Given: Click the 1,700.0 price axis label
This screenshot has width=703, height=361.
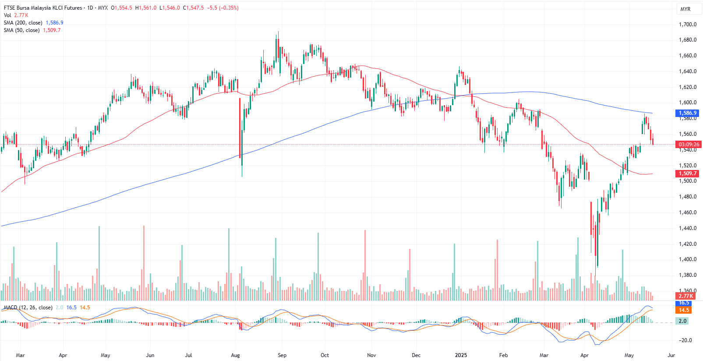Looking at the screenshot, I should pos(687,25).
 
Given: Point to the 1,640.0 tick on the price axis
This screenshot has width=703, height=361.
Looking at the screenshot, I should pos(687,71).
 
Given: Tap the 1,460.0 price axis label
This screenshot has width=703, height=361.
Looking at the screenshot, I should pos(687,212).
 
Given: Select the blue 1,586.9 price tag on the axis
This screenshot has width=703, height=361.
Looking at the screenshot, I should pos(687,113).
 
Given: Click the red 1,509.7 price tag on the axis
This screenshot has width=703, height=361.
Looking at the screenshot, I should pos(687,173).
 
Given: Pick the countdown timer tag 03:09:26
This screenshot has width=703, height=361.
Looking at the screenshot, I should pos(689,144).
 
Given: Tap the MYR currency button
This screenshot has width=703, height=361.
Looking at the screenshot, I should pos(685,9).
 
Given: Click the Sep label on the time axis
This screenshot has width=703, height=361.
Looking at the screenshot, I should pos(282,355).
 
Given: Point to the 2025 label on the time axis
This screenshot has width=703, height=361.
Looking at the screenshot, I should pos(461,355).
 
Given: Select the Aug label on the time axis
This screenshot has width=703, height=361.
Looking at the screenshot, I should pos(235,355).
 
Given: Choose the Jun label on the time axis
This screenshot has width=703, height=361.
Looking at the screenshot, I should pos(150,355).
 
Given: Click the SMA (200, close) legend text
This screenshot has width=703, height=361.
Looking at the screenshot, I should pos(23,23).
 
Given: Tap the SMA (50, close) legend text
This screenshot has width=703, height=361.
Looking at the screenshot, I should pos(22,30).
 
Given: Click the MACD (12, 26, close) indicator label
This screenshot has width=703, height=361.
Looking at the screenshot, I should pos(28,308).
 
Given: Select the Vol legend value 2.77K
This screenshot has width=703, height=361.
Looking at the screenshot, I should pos(21,15).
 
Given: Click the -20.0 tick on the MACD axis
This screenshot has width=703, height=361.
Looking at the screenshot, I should pos(685,340).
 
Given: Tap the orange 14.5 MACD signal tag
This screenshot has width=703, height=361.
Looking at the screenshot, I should pos(684,310).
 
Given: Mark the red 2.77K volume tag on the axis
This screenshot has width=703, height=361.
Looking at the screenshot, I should pos(685,296).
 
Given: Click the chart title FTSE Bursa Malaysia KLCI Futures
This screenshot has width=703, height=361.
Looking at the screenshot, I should pos(43,8).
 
